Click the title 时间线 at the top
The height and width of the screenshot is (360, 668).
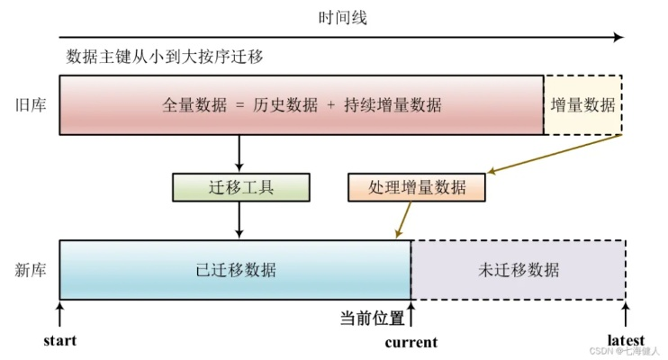(342, 18)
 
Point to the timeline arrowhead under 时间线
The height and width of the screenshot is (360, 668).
(619, 37)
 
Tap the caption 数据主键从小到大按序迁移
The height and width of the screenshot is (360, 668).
(165, 56)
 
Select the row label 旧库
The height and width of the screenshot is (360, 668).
(31, 104)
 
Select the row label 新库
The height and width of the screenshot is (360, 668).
(31, 270)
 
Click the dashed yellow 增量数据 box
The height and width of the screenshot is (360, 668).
(582, 104)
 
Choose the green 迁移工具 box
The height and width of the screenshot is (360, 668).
(241, 187)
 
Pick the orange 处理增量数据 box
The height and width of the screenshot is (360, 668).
(417, 187)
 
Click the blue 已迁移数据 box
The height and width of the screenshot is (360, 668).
(235, 270)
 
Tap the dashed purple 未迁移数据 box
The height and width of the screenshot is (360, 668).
(519, 270)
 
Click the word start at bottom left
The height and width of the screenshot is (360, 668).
(60, 340)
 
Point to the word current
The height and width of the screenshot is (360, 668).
(411, 342)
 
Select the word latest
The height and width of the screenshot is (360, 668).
(626, 340)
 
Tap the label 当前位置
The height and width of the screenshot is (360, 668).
(372, 318)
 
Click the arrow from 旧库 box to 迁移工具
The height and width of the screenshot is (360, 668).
(239, 153)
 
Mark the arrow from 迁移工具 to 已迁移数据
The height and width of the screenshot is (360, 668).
(239, 220)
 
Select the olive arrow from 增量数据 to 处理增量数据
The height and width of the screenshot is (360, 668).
(555, 154)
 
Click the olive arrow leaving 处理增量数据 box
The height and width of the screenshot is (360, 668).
(403, 220)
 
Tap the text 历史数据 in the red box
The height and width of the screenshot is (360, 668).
(285, 104)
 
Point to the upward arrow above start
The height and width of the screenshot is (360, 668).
(60, 314)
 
